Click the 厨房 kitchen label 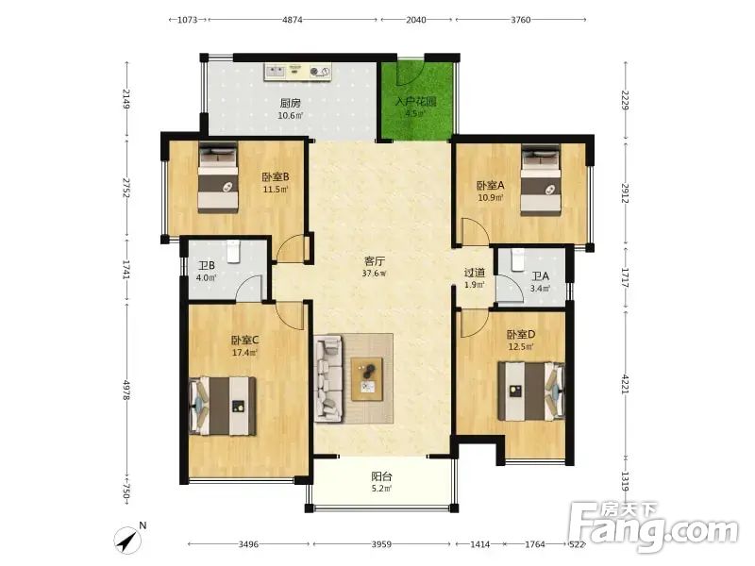pyautogui.click(x=291, y=103)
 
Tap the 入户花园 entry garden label pyautogui.click(x=415, y=102)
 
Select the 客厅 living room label pyautogui.click(x=374, y=261)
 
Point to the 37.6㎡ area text pyautogui.click(x=374, y=274)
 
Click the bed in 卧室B pyautogui.click(x=218, y=178)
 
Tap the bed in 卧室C pyautogui.click(x=223, y=407)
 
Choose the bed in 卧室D pyautogui.click(x=531, y=391)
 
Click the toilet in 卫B pyautogui.click(x=233, y=251)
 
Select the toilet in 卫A pyautogui.click(x=518, y=259)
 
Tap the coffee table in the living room pyautogui.click(x=367, y=379)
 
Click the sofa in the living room pyautogui.click(x=328, y=379)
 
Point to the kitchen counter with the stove pyautogui.click(x=298, y=73)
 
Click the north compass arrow pyautogui.click(x=127, y=540)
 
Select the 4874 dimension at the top pyautogui.click(x=293, y=20)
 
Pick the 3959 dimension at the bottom pyautogui.click(x=381, y=544)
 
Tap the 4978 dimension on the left pyautogui.click(x=126, y=390)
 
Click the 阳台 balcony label pyautogui.click(x=381, y=476)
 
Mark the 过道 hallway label pyautogui.click(x=475, y=273)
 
